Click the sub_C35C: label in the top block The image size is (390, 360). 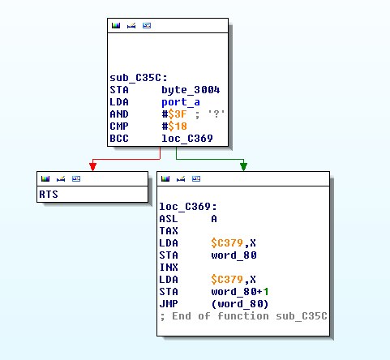[x=139, y=78]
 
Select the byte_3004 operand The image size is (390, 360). [x=191, y=90]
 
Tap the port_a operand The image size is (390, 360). [x=181, y=102]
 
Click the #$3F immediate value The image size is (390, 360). [x=174, y=114]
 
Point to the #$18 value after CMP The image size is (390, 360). [x=174, y=126]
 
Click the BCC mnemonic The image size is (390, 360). [x=119, y=139]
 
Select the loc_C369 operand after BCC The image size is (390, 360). [x=187, y=139]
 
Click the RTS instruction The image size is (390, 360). [x=49, y=195]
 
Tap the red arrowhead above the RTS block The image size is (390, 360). [x=92, y=167]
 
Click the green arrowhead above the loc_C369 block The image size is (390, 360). [x=243, y=167]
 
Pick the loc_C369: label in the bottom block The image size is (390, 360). [x=188, y=207]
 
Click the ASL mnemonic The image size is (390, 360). [x=169, y=219]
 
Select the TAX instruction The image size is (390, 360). [x=169, y=231]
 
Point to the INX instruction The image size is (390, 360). [x=169, y=268]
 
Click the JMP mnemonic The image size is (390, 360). [x=169, y=304]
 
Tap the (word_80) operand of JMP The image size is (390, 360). [x=240, y=304]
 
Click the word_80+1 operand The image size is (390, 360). [x=240, y=292]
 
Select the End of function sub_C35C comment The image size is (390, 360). [x=243, y=316]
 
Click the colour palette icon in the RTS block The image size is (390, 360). [x=45, y=178]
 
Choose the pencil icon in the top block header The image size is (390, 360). [x=131, y=26]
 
